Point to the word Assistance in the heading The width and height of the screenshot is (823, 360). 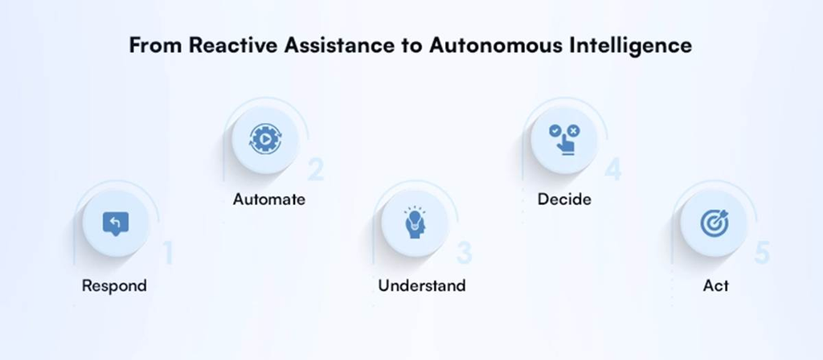pyautogui.click(x=339, y=45)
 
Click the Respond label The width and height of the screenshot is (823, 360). pyautogui.click(x=114, y=287)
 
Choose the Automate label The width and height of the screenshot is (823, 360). pyautogui.click(x=268, y=199)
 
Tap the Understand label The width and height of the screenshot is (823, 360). pyautogui.click(x=422, y=285)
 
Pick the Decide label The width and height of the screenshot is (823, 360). pyautogui.click(x=564, y=199)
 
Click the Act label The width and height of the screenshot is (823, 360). pyautogui.click(x=716, y=286)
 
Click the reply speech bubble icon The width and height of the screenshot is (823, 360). pyautogui.click(x=116, y=223)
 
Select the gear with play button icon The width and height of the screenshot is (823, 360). pyautogui.click(x=265, y=139)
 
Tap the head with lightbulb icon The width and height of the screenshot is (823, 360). pyautogui.click(x=415, y=223)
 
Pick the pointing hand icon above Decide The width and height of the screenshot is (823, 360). pyautogui.click(x=564, y=138)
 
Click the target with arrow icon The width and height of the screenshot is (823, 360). pyautogui.click(x=714, y=223)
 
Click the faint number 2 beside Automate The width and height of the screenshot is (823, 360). pyautogui.click(x=316, y=169)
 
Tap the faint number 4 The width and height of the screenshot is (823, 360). pyautogui.click(x=613, y=169)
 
